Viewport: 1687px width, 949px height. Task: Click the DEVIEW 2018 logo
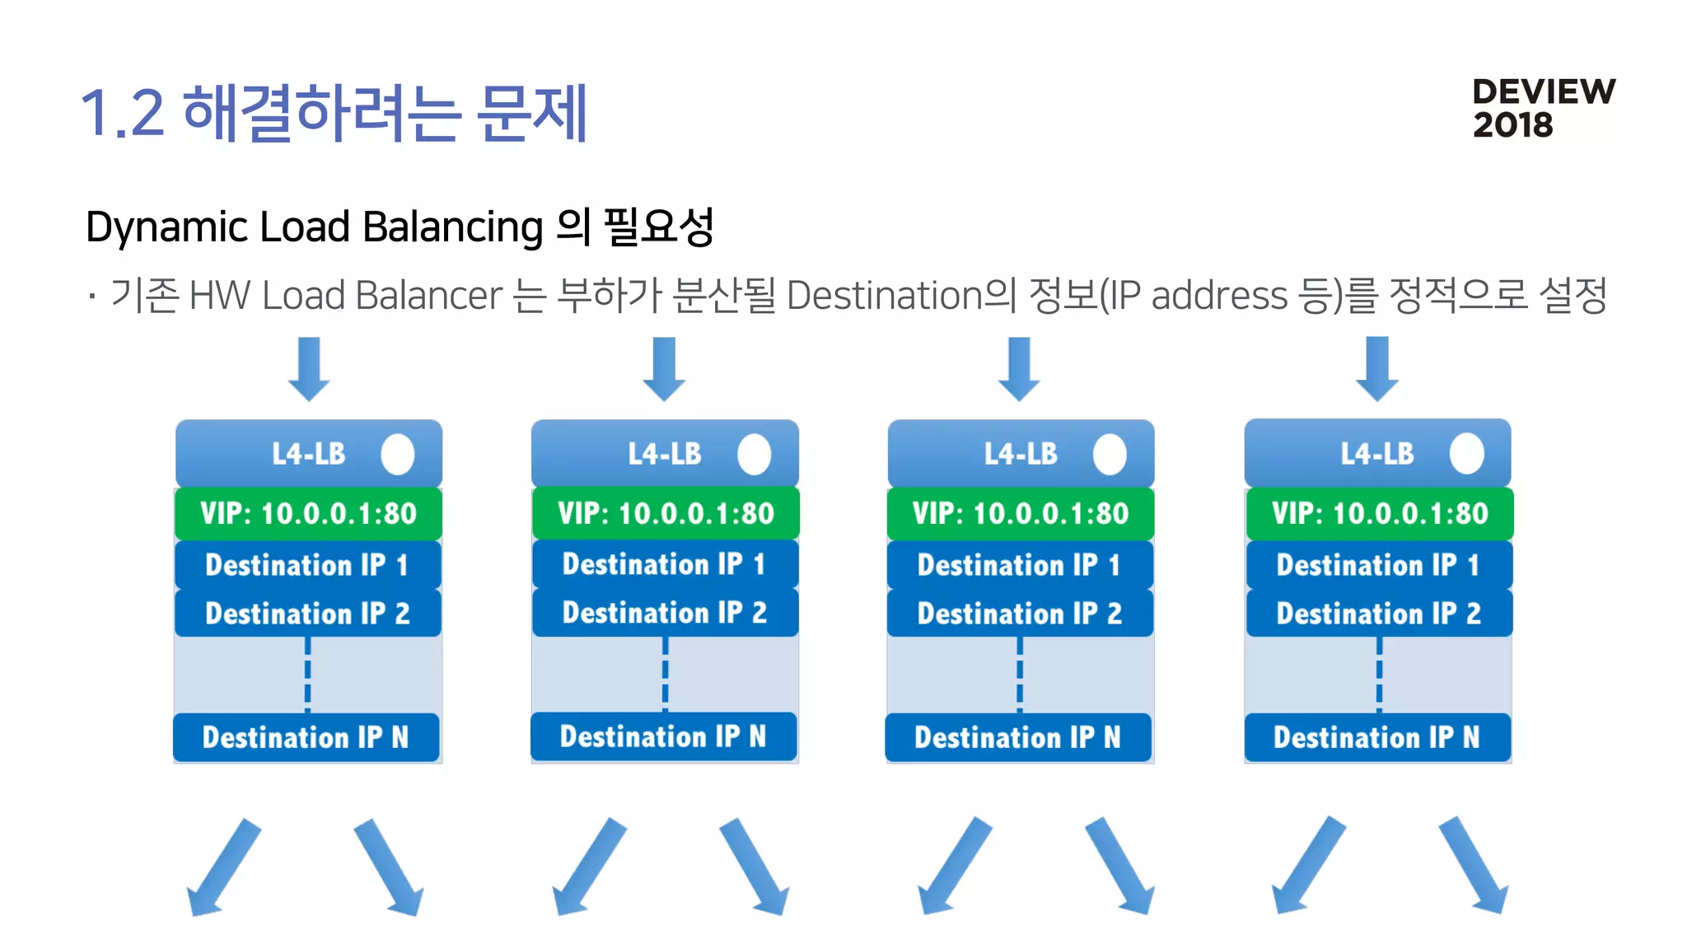1543,108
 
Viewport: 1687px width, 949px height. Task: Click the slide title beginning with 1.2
334,113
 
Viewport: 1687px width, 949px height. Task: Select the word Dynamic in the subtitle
167,227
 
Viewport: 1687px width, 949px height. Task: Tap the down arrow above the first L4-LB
309,368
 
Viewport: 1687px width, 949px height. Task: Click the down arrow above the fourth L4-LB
1376,368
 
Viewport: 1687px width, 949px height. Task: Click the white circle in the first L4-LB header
398,455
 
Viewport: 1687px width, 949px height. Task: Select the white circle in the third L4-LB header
1110,455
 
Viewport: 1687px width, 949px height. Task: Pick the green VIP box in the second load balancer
665,513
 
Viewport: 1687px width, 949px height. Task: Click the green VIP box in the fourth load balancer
1379,513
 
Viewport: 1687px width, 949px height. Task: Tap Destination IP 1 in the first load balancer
307,565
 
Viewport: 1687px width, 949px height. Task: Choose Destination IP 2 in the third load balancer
1020,614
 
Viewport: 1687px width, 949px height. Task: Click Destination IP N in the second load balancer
663,736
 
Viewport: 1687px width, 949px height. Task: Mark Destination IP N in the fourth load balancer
1376,737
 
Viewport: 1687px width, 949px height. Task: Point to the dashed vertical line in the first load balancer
307,675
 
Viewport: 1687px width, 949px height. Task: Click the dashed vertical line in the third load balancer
1020,675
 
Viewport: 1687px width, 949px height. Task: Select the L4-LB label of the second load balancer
664,454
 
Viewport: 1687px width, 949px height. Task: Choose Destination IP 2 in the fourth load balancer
1379,614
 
